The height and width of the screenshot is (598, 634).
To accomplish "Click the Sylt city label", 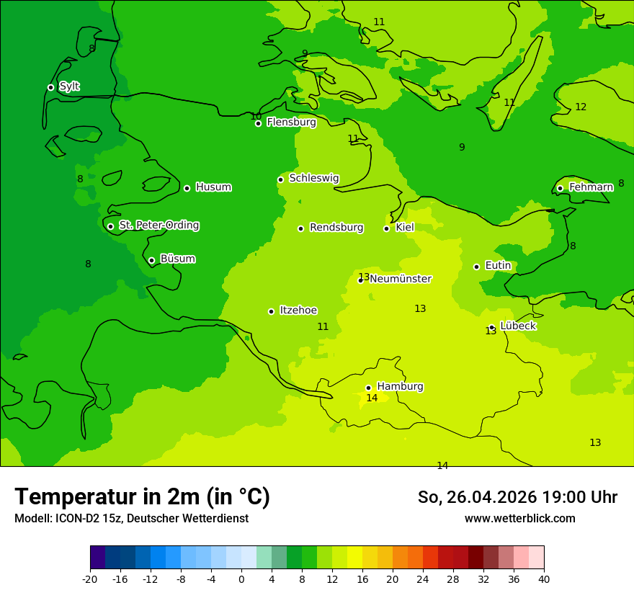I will click(69, 86).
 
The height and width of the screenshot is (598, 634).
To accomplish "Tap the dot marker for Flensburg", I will click(258, 123).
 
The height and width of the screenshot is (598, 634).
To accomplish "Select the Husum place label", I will click(213, 187).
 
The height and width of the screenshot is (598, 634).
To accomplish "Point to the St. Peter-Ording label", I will click(158, 226).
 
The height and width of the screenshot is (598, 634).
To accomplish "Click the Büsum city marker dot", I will click(151, 260).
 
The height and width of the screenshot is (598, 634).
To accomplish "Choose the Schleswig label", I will click(313, 178).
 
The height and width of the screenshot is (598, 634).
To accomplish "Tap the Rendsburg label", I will click(336, 228).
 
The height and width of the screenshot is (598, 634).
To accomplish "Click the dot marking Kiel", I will click(386, 228).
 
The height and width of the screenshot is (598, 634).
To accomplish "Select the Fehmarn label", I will click(591, 187).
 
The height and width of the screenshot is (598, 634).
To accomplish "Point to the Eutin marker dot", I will click(476, 267).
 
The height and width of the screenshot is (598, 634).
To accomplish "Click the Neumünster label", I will click(401, 279).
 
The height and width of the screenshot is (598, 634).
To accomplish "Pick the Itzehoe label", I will click(298, 311).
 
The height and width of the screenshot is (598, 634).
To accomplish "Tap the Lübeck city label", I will click(518, 326).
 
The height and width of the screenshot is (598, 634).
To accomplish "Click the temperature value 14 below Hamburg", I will click(372, 398).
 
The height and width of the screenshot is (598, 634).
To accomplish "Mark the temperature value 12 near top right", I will click(581, 107).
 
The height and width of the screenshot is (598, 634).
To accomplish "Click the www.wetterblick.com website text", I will click(519, 519).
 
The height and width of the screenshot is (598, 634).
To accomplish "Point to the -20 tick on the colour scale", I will click(90, 579).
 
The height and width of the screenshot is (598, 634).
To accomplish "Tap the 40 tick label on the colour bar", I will click(544, 579).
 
